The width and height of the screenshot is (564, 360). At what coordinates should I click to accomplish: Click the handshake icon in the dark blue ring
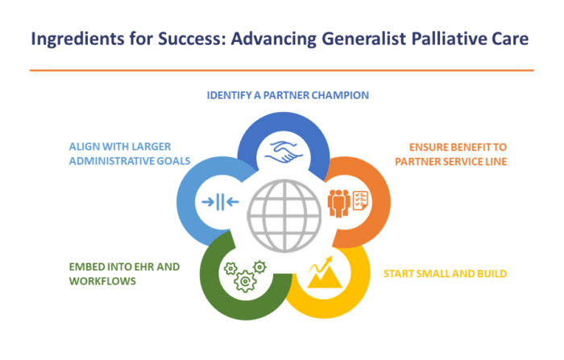(x=284, y=151)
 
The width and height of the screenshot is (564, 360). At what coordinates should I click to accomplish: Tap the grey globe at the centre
(x=284, y=215)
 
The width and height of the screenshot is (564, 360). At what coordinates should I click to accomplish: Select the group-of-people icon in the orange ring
(x=339, y=204)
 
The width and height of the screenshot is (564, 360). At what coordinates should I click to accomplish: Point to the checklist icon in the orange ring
(x=360, y=201)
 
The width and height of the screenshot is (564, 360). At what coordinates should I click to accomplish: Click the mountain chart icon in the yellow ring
(x=324, y=272)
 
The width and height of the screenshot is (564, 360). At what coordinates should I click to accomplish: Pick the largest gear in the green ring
(x=245, y=281)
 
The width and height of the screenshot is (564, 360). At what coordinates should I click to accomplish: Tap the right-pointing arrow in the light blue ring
(x=209, y=202)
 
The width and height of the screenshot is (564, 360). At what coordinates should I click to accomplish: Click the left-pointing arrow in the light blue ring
(x=232, y=202)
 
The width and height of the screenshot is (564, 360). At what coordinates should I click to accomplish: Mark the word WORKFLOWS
(x=102, y=281)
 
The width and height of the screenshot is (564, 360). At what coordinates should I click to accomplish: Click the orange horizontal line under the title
(x=282, y=71)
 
